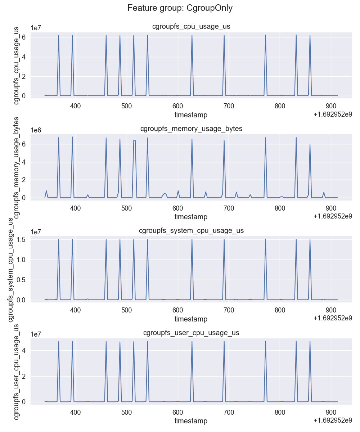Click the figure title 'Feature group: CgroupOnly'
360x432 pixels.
pos(180,8)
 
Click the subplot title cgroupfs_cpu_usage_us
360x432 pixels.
pos(191,27)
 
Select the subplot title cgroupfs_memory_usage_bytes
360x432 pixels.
pos(191,129)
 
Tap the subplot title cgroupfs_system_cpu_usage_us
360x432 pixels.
pos(191,231)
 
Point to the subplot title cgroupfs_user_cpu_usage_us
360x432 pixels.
pos(191,333)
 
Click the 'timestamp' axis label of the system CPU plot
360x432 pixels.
pos(191,319)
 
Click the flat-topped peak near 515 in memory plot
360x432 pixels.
pos(134,140)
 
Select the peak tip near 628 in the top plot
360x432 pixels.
pos(192,35)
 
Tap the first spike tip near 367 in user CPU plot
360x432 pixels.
pos(59,342)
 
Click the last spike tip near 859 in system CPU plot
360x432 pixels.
pos(310,239)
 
